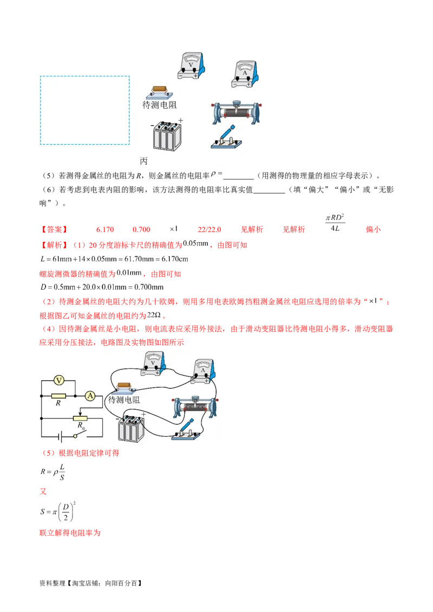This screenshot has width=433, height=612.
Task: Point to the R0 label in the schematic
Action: pyautogui.click(x=81, y=425)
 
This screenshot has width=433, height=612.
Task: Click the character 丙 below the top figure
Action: pyautogui.click(x=143, y=161)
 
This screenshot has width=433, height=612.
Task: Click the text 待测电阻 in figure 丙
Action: pyautogui.click(x=159, y=105)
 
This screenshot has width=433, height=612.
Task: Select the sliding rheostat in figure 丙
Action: pyautogui.click(x=236, y=112)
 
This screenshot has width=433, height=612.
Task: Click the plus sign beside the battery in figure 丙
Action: pyautogui.click(x=181, y=121)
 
